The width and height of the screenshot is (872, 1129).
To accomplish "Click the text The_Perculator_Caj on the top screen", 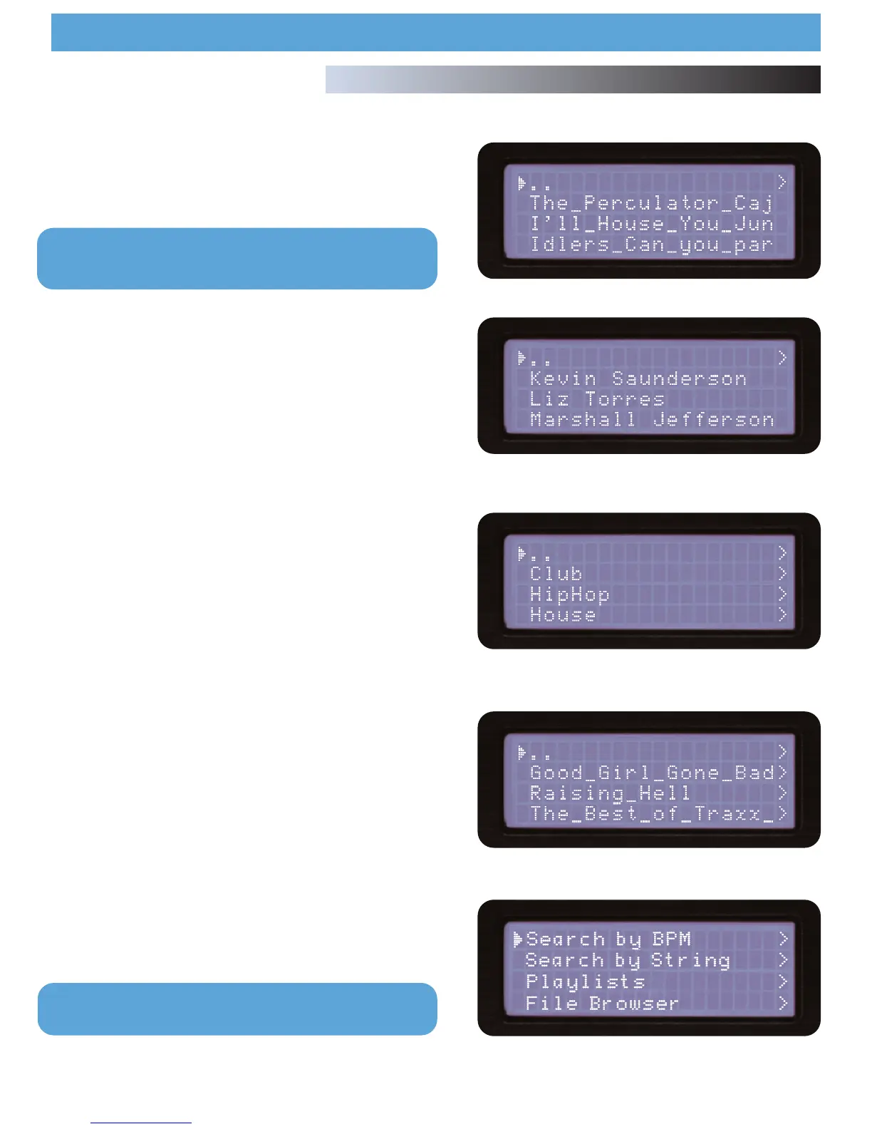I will (651, 204).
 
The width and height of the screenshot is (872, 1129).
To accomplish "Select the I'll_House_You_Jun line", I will (651, 225).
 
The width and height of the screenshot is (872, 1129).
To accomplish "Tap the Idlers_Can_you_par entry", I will (651, 245).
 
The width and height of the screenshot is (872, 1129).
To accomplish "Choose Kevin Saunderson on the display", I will (638, 378).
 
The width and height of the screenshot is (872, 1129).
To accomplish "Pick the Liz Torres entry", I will (597, 399).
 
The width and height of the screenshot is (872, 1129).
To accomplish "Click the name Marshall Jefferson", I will (651, 420).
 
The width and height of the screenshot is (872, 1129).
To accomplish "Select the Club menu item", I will (556, 574).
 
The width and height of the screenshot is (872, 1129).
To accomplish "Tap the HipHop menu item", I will (569, 594).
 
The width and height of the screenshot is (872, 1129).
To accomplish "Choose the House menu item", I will (563, 614).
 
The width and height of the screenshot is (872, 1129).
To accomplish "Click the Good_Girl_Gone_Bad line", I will (651, 773).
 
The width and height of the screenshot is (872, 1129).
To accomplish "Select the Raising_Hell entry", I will (610, 793).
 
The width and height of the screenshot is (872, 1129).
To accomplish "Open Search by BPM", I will (608, 939).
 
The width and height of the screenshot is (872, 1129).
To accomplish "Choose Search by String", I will (628, 960).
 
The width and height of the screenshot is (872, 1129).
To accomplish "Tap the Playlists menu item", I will (586, 981).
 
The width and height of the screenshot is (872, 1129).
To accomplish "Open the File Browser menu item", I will (602, 1003).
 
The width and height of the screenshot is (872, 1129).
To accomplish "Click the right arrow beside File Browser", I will (783, 1003).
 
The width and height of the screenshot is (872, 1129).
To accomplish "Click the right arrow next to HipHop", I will (782, 594).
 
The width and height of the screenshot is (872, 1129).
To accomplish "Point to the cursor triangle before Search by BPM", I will (518, 940).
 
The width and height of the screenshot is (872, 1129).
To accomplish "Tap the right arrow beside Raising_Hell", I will (782, 793).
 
